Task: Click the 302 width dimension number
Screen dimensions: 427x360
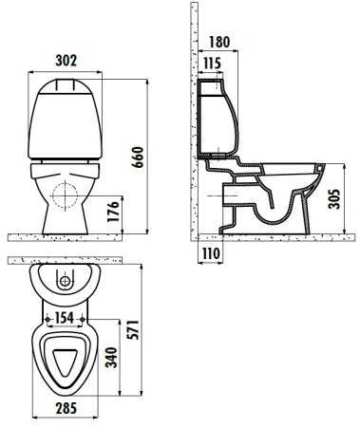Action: coord(65,60)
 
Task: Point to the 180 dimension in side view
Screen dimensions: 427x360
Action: coord(219,42)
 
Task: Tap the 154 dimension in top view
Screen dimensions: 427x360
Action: coord(66,316)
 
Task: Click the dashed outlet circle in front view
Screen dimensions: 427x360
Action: coord(66,195)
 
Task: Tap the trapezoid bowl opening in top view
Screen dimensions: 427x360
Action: coord(65,362)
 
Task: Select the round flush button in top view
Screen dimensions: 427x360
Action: coord(65,282)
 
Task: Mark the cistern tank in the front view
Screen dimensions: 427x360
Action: coord(65,119)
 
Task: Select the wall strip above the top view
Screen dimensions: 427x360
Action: coord(65,259)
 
